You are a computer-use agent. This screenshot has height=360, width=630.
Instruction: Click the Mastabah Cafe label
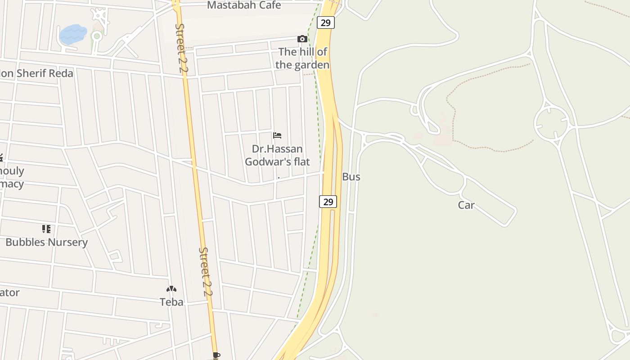tap(244, 5)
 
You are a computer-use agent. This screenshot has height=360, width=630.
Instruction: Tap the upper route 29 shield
tap(325, 22)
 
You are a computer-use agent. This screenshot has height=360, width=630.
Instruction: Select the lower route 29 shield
tap(328, 202)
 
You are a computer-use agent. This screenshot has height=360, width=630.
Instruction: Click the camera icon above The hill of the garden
tap(302, 39)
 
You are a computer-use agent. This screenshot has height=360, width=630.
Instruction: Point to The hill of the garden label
tap(302, 58)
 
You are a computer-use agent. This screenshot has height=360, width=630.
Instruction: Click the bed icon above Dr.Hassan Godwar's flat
tap(277, 135)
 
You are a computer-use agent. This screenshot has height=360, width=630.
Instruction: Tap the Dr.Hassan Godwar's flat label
tap(277, 155)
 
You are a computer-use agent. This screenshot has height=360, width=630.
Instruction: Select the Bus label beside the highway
tap(351, 177)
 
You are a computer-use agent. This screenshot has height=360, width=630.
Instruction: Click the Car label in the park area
tap(466, 205)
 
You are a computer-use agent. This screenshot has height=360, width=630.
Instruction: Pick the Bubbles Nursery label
tap(46, 242)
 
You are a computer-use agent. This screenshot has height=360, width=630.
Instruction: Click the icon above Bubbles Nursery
tap(46, 229)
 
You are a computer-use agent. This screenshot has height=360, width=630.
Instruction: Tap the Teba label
tap(171, 302)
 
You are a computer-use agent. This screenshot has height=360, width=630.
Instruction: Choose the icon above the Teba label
tap(171, 289)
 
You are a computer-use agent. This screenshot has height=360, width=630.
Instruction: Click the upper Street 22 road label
tap(180, 48)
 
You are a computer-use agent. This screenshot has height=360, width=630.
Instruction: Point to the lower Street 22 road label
tap(206, 271)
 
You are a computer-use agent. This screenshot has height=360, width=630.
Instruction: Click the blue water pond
tap(73, 34)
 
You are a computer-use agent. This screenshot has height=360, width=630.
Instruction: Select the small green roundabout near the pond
tap(96, 36)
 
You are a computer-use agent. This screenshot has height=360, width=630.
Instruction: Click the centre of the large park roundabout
tap(552, 122)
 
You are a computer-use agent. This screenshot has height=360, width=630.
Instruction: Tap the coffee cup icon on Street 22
tap(216, 355)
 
